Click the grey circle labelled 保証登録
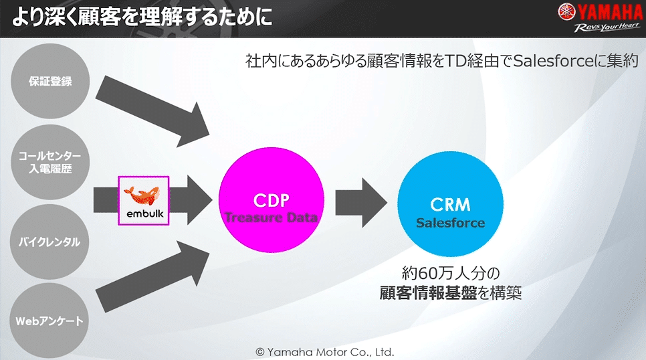pyautogui.click(x=50, y=82)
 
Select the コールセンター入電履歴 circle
pyautogui.click(x=50, y=163)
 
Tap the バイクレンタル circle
pyautogui.click(x=50, y=242)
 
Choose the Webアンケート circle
pyautogui.click(x=50, y=321)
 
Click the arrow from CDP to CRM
pyautogui.click(x=361, y=201)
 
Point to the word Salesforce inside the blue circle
pyautogui.click(x=450, y=223)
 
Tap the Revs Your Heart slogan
pyautogui.click(x=605, y=29)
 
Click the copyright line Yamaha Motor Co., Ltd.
pyautogui.click(x=325, y=351)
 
